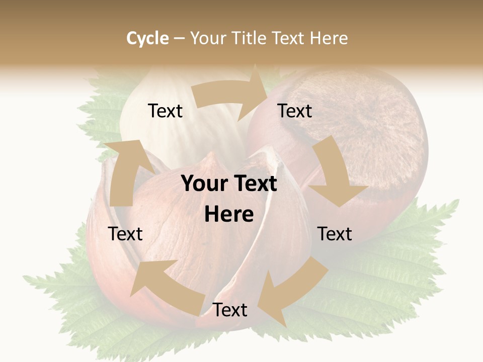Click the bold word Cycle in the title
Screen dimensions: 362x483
[x=147, y=38]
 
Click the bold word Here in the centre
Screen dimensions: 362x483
[x=229, y=215]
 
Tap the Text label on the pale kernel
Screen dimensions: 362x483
[x=165, y=111]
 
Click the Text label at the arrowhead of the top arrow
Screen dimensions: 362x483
[x=295, y=111]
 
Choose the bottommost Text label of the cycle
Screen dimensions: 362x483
[x=230, y=310]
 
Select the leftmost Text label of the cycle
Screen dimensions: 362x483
[x=125, y=234]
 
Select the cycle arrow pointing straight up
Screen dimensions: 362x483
[x=123, y=171]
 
